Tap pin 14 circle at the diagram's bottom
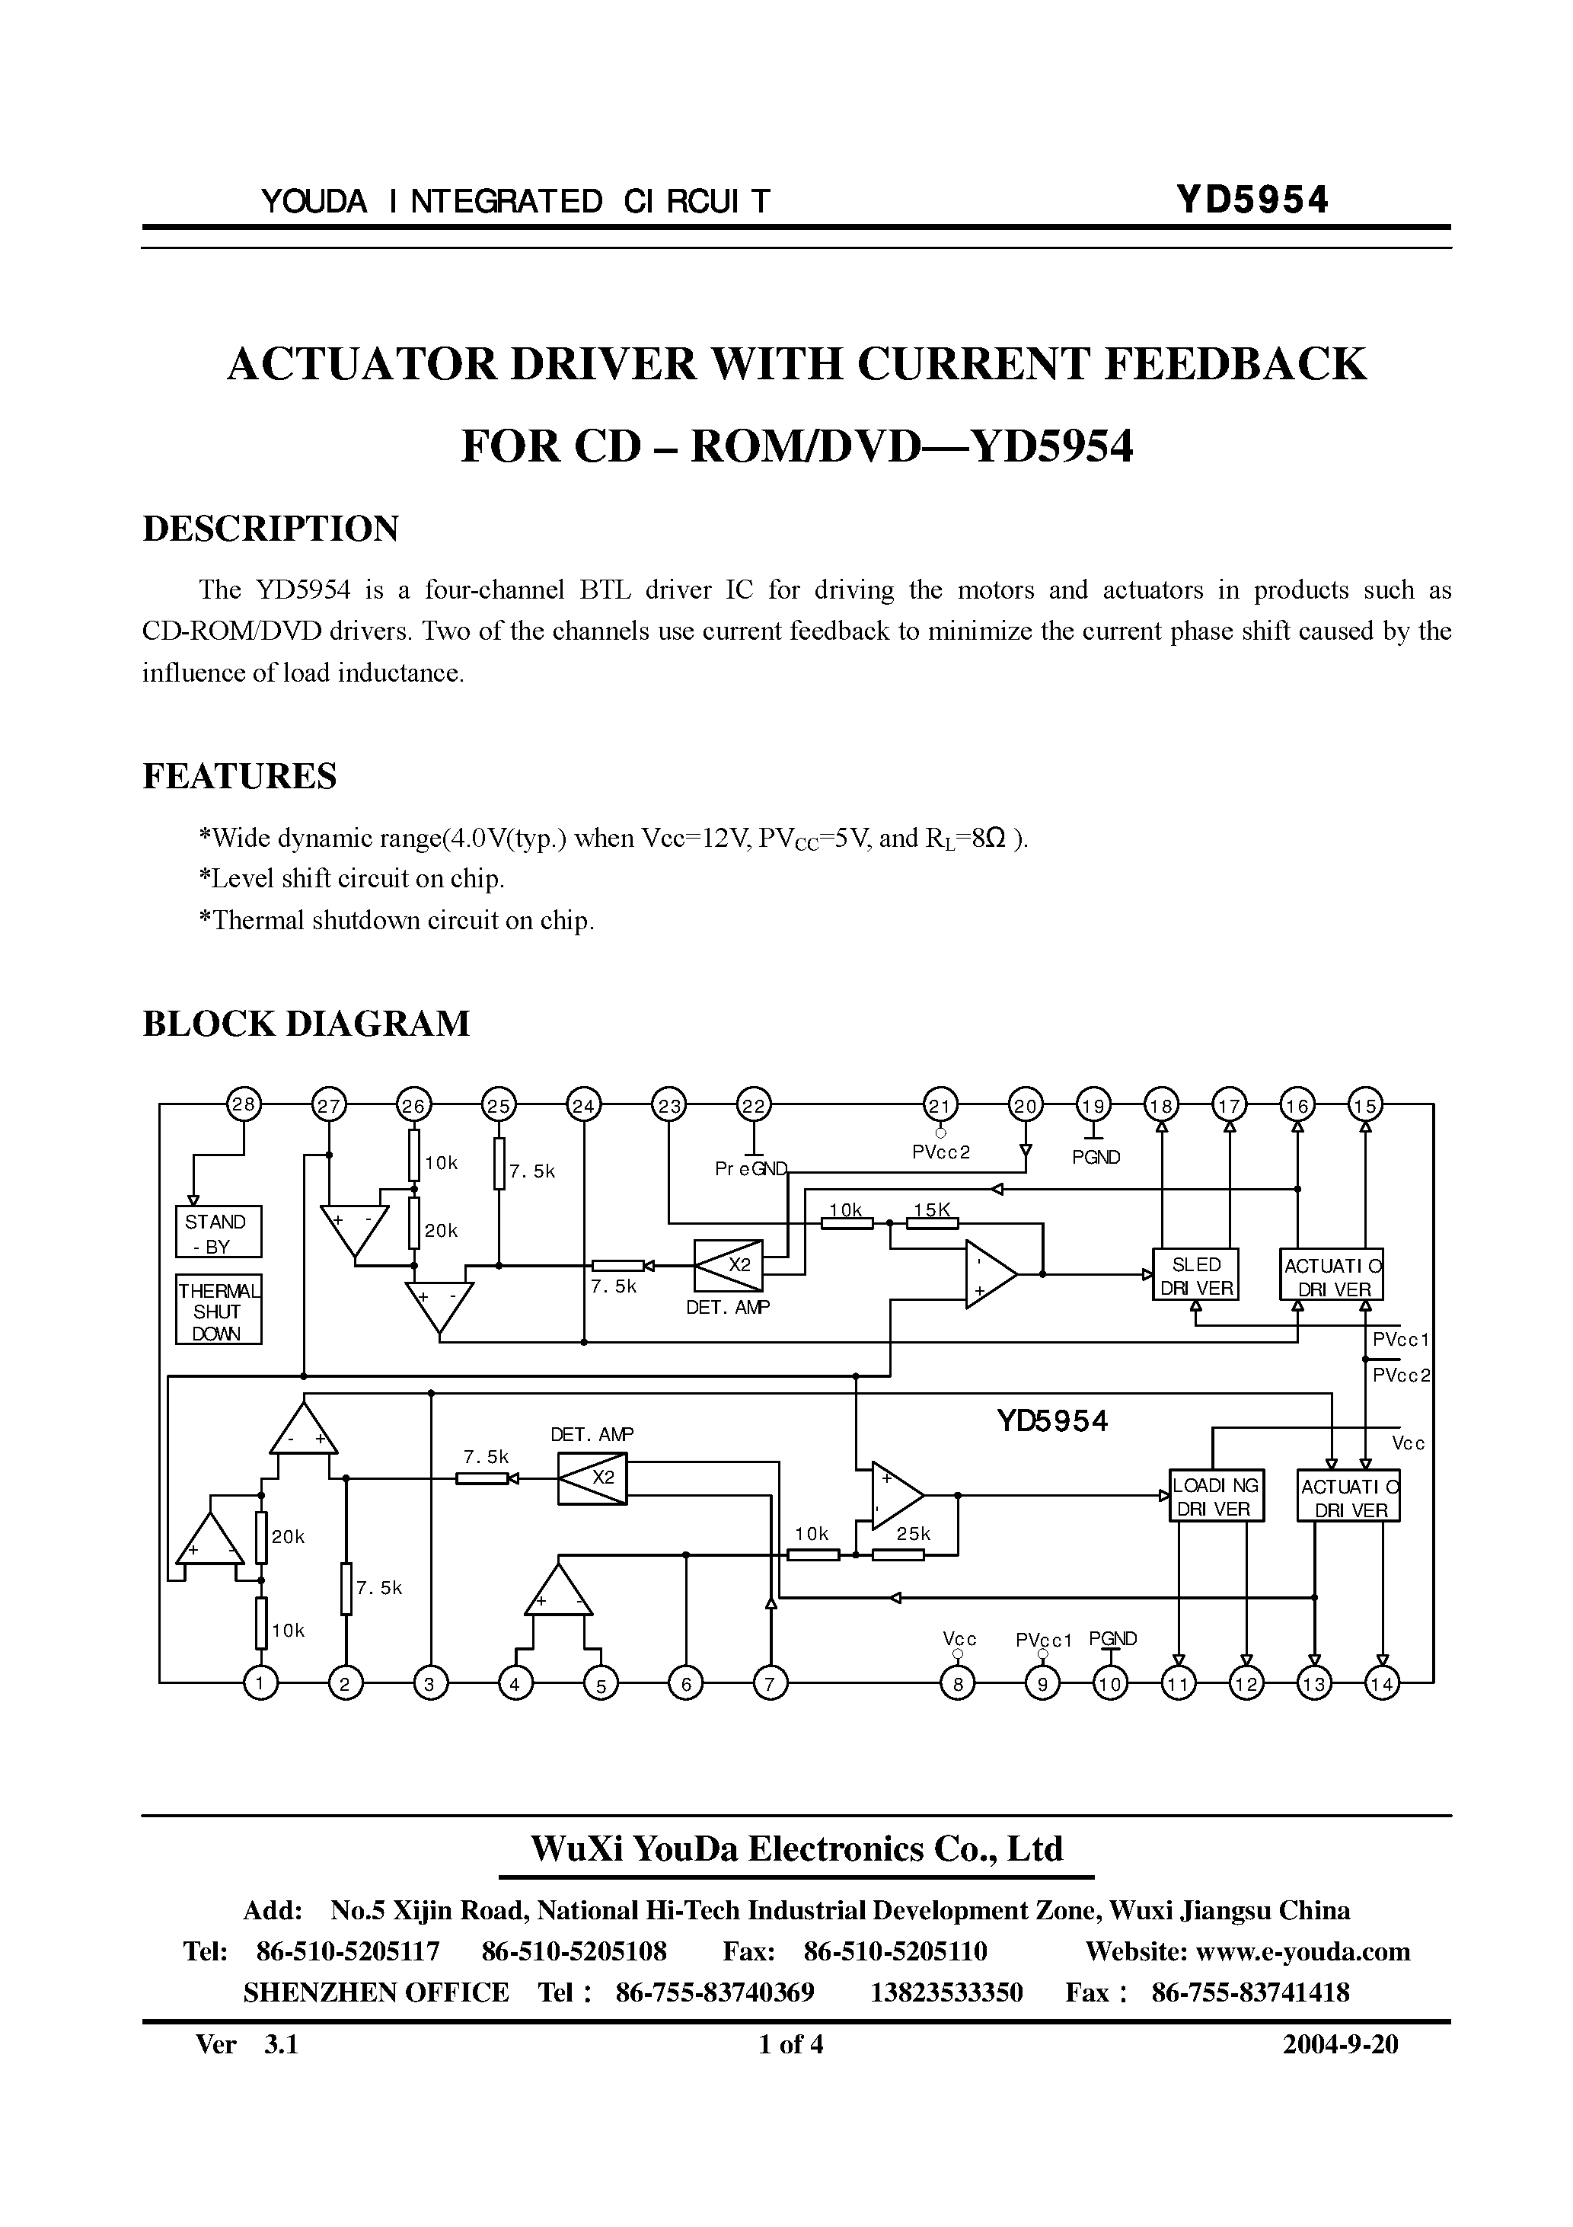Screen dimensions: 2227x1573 1382,1684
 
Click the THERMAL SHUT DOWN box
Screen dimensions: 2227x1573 219,1309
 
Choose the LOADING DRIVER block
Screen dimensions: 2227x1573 1216,1497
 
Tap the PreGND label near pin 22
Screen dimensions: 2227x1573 751,1169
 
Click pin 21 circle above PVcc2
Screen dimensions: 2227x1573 940,1105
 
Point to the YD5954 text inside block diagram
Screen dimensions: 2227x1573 1052,1422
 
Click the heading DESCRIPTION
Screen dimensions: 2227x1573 270,529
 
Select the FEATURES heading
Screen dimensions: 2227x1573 240,776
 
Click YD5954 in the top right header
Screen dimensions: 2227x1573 1251,200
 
